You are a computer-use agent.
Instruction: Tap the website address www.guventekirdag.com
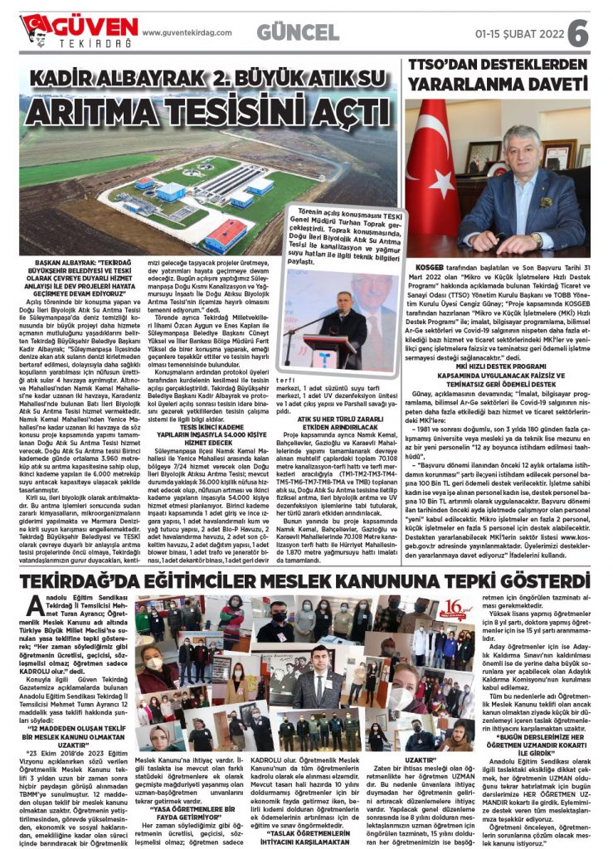tap(186, 32)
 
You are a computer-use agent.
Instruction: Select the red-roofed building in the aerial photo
tap(226, 235)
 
